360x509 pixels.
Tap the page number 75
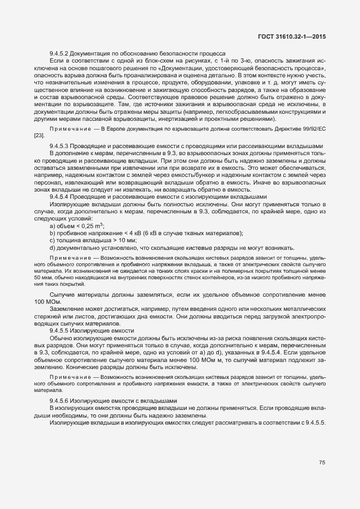[322, 462]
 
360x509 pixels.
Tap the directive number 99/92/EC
[311, 129]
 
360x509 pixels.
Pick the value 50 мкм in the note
[41, 278]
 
